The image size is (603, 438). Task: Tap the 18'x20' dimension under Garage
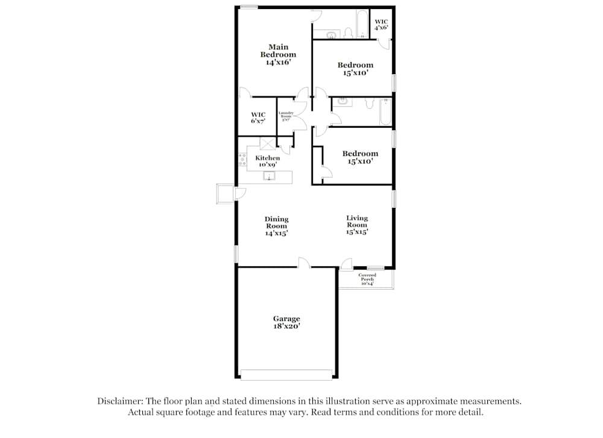tap(286, 326)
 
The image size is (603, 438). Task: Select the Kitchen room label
tap(268, 158)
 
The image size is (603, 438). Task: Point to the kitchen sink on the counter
tap(270, 176)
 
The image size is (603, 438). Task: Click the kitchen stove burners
tap(242, 160)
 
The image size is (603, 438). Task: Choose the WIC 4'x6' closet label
tap(381, 24)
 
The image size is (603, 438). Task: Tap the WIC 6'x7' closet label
tap(258, 117)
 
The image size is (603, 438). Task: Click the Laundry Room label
tap(286, 116)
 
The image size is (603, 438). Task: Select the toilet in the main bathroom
tap(348, 33)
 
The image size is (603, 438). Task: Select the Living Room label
tap(357, 224)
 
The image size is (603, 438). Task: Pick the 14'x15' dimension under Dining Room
tap(276, 234)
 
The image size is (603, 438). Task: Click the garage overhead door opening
tap(286, 375)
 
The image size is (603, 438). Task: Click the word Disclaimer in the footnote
tap(118, 401)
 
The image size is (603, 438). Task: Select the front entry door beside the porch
tap(346, 265)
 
